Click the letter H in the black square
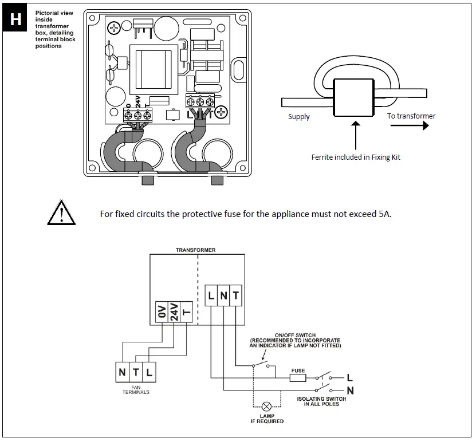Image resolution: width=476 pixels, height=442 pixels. pos(16,19)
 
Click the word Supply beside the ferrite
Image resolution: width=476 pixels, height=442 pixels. pos(298,117)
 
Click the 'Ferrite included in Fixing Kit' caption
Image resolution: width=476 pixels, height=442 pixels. pos(356,157)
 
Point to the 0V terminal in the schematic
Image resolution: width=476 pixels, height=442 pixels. pos(162,312)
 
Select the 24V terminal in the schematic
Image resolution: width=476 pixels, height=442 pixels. pos(174,312)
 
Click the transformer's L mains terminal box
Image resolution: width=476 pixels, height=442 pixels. pos(211,296)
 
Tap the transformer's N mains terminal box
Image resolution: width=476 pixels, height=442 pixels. pos(223,296)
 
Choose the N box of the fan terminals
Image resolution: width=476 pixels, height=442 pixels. pos(123,372)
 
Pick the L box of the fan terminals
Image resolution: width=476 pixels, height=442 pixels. pos(149,372)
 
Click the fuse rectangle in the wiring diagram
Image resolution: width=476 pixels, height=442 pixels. pos(298,378)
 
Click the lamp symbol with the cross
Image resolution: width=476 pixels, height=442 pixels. pos(266,403)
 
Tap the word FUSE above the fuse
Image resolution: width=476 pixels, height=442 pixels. pos(298,370)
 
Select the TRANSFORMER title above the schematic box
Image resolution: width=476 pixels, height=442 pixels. pos(196,250)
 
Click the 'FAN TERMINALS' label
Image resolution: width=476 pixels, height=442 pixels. pos(136,389)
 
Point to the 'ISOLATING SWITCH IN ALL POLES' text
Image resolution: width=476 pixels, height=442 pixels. pos(325,401)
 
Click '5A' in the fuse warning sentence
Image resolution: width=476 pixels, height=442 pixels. pos(384,215)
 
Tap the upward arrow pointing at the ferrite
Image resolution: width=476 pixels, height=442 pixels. pos(356,135)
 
